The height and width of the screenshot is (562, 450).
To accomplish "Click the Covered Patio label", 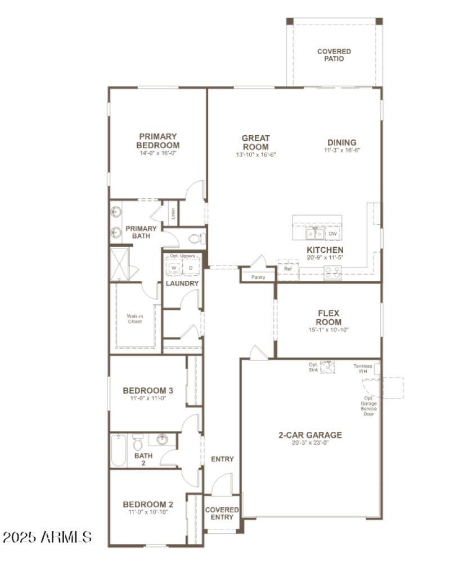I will [334, 55].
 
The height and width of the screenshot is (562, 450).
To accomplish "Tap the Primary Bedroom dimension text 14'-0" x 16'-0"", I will [158, 153].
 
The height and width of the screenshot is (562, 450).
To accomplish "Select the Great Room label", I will [256, 142].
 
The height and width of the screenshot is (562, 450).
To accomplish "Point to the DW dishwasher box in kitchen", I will [332, 233].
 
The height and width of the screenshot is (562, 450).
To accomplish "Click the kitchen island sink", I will [314, 233].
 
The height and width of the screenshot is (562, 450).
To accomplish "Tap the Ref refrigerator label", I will [288, 269].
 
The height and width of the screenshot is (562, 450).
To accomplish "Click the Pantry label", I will [258, 277].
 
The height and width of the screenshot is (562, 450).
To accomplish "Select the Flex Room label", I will [329, 318].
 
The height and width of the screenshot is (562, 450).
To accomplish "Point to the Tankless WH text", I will [363, 368].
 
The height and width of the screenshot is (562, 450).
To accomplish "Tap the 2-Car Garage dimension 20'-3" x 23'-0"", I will [310, 443].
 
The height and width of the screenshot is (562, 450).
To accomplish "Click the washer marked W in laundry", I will [174, 267].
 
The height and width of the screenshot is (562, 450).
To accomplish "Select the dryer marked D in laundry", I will [190, 267].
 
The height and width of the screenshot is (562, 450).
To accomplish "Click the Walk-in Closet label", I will [134, 319].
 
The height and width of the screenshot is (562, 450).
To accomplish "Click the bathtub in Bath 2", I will [118, 450].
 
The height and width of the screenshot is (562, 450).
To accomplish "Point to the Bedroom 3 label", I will [148, 390].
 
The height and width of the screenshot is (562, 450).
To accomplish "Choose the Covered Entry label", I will [222, 514].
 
